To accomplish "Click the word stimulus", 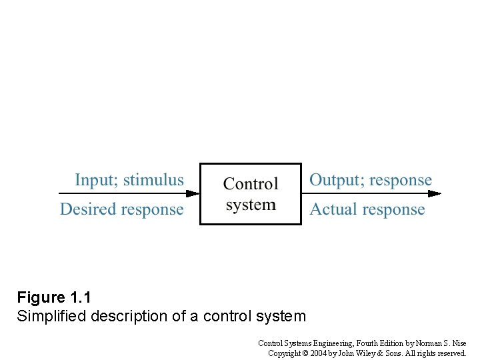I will [153, 180].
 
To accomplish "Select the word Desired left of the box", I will [87, 209].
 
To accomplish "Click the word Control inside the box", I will [251, 184].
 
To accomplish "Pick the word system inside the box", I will [251, 205].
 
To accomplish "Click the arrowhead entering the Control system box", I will [193, 194].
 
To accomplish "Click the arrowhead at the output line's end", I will [435, 194].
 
